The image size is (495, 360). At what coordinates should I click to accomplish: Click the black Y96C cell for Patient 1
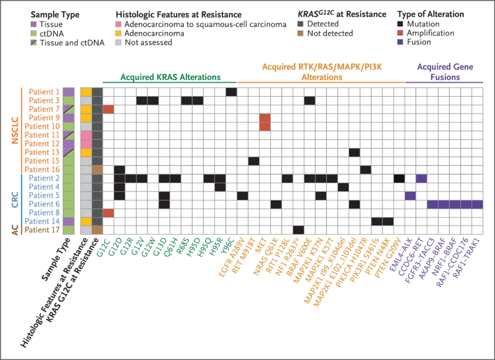point(231,92)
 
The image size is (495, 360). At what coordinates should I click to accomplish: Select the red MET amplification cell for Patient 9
point(265,118)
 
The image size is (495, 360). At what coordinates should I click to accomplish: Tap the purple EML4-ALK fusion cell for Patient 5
point(410,196)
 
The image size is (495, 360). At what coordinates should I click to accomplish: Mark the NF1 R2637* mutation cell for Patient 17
point(299,230)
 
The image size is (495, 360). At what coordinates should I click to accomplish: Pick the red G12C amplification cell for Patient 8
point(108,213)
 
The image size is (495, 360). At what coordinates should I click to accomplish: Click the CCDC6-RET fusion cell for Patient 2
point(422,178)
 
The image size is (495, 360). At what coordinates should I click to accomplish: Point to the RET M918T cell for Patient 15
point(254,161)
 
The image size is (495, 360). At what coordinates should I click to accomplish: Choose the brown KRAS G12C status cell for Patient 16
point(97,170)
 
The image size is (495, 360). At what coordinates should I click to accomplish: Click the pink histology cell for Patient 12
point(86,143)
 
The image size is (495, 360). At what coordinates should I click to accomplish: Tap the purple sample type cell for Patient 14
point(68,222)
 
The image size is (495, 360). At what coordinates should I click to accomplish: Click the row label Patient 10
point(42,126)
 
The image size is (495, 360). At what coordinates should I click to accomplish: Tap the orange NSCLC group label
point(15,131)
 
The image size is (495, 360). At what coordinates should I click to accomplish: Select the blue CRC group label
point(15,200)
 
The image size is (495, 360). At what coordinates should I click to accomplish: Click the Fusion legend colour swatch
point(400,42)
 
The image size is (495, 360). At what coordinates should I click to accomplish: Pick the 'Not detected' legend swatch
point(301,33)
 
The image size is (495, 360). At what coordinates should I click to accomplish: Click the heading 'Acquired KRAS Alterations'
point(170,77)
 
